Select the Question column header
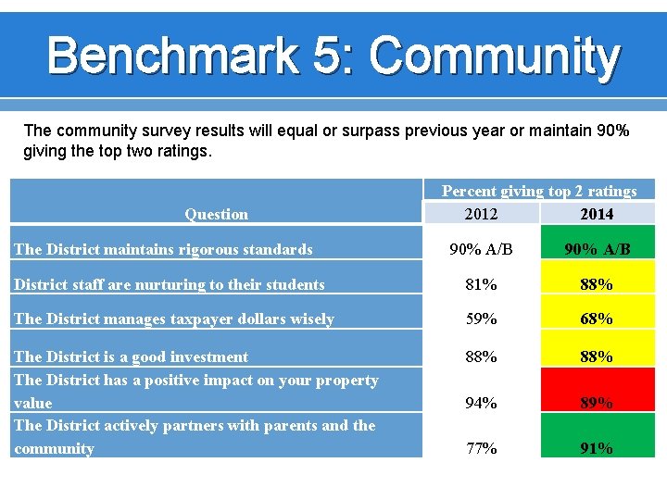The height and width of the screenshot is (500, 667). (216, 214)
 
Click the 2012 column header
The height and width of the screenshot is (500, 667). (481, 214)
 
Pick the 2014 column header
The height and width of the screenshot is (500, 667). (597, 214)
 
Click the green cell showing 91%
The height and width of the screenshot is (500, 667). (597, 448)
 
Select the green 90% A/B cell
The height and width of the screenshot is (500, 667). (597, 249)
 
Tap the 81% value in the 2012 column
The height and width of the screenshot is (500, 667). (481, 284)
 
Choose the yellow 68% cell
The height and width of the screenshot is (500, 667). (597, 319)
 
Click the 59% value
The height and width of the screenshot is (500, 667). (481, 319)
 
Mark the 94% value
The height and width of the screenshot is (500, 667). (481, 403)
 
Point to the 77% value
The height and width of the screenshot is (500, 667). (481, 448)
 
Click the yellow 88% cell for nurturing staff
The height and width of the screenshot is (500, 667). (597, 284)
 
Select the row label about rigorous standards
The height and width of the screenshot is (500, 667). (163, 249)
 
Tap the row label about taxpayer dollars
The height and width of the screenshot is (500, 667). (173, 319)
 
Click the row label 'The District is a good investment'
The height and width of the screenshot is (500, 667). (131, 356)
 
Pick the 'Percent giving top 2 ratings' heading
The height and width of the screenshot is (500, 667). (538, 191)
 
